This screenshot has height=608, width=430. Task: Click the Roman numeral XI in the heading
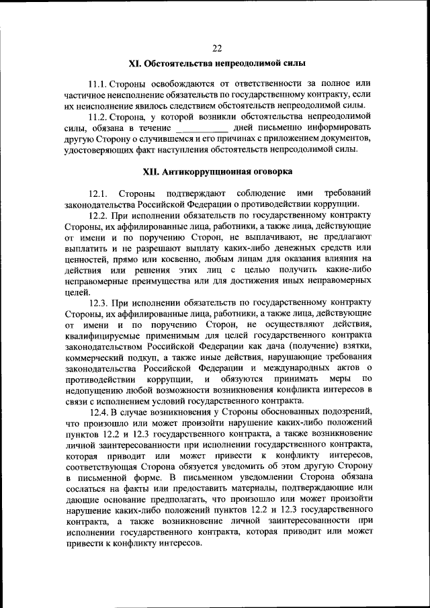[x=136, y=64]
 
